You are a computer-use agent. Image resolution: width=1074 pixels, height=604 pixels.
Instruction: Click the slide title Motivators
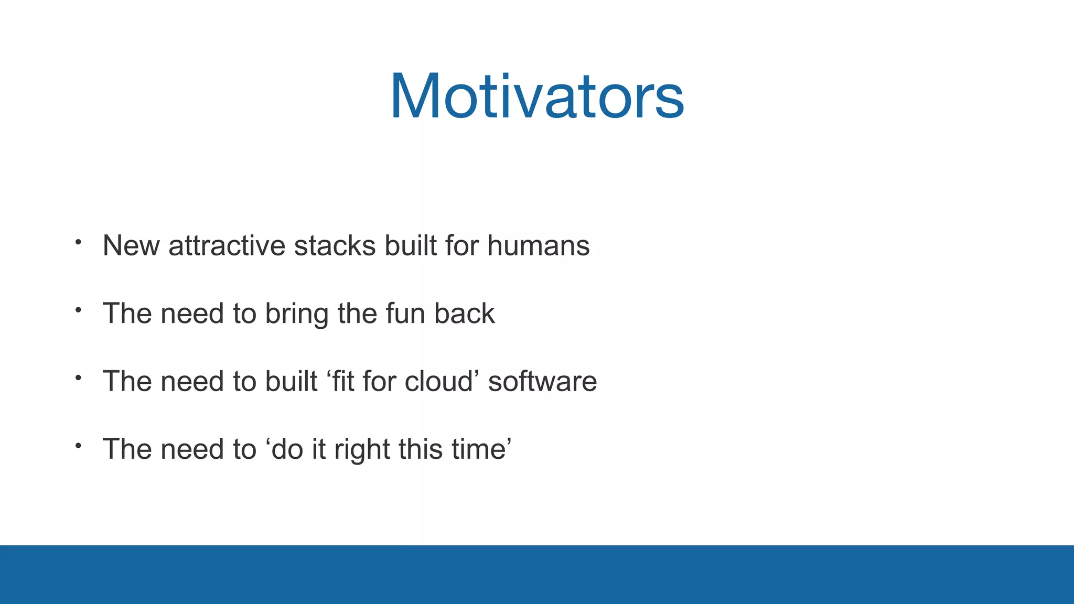pyautogui.click(x=537, y=97)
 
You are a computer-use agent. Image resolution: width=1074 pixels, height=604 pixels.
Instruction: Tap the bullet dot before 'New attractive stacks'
pyautogui.click(x=78, y=242)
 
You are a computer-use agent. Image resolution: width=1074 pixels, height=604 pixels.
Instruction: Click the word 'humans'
pyautogui.click(x=538, y=245)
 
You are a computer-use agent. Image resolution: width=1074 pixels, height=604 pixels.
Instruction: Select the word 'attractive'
pyautogui.click(x=227, y=245)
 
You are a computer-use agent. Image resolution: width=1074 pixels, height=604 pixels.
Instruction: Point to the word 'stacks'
pyautogui.click(x=335, y=245)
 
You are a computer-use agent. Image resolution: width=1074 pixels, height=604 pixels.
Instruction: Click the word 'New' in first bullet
pyautogui.click(x=131, y=245)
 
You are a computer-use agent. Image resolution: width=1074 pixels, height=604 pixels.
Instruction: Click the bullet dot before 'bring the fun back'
pyautogui.click(x=78, y=310)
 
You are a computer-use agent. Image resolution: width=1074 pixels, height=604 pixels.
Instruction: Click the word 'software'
pyautogui.click(x=542, y=381)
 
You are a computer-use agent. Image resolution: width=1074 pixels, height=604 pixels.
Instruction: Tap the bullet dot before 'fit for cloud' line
pyautogui.click(x=78, y=377)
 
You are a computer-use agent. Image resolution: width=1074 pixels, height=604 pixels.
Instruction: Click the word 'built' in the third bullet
pyautogui.click(x=291, y=381)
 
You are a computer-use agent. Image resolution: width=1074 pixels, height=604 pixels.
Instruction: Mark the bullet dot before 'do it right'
pyautogui.click(x=78, y=446)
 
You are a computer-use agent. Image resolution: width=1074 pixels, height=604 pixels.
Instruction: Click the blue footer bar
pyautogui.click(x=537, y=574)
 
